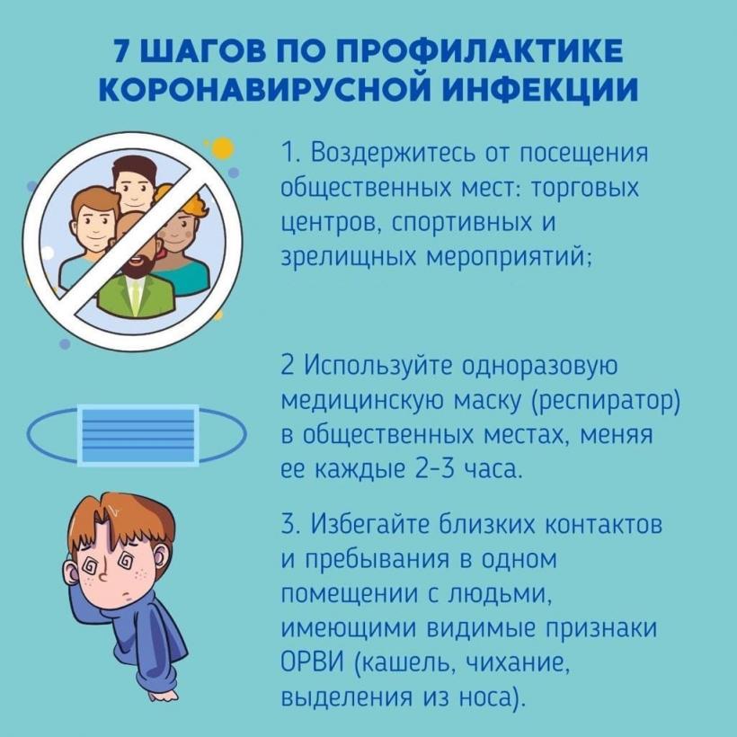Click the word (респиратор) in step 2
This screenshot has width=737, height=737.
click(605, 401)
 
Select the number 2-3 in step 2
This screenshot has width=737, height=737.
click(435, 468)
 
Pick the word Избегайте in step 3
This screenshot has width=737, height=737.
click(370, 524)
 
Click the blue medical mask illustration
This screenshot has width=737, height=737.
click(137, 435)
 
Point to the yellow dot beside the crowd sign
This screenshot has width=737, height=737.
click(222, 148)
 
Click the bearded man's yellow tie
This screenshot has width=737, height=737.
click(136, 297)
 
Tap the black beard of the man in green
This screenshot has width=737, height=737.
click(138, 266)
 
